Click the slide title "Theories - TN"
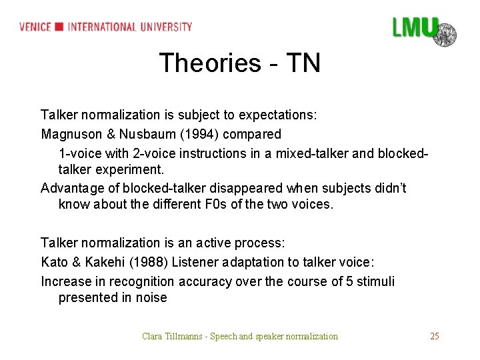click(240, 63)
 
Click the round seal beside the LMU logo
click(445, 33)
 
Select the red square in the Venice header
click(59, 27)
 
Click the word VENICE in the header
click(36, 27)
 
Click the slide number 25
click(434, 336)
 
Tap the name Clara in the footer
click(153, 336)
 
